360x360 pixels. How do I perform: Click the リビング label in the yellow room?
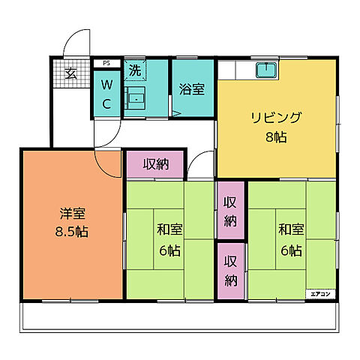coord(276,118)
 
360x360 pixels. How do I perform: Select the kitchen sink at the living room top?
coord(266,71)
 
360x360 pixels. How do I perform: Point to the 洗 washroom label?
coord(133,71)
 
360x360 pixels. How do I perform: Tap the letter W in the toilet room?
coord(106,85)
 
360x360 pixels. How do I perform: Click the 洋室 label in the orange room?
coord(72,212)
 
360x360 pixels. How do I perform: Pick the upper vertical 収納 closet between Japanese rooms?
coord(230,211)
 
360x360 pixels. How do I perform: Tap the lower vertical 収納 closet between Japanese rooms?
coord(230,271)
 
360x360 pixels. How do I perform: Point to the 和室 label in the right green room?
coord(290,229)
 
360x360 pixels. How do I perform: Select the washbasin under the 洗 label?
coord(136,98)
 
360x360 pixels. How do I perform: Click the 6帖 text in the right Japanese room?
coord(290,250)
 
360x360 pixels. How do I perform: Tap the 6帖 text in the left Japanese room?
coord(169,251)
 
